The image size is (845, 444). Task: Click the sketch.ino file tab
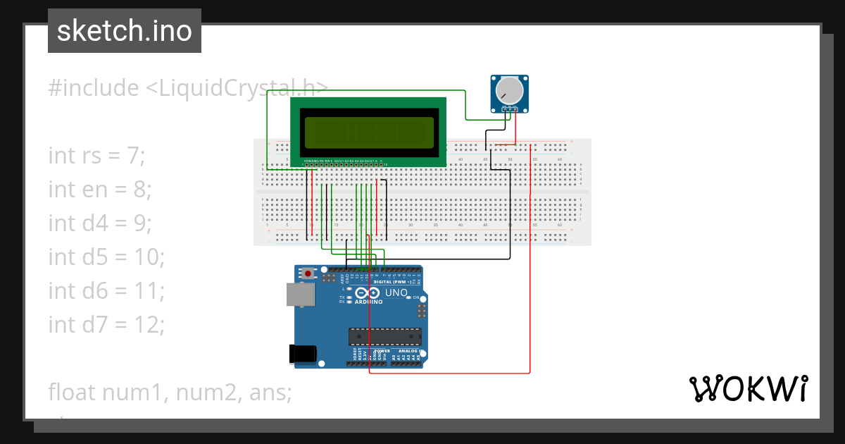(124, 31)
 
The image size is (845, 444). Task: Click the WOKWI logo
(748, 388)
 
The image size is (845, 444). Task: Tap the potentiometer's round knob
(508, 92)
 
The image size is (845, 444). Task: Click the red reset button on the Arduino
(308, 273)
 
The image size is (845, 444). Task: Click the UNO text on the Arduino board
(396, 292)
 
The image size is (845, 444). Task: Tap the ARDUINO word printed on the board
(368, 302)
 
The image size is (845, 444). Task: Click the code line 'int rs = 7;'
(96, 155)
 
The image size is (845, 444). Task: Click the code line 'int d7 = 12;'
(106, 324)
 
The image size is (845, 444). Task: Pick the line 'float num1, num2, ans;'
(170, 392)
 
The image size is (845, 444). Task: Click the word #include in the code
(94, 88)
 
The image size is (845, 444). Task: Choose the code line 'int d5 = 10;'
(106, 257)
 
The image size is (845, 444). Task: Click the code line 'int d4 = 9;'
(100, 223)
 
